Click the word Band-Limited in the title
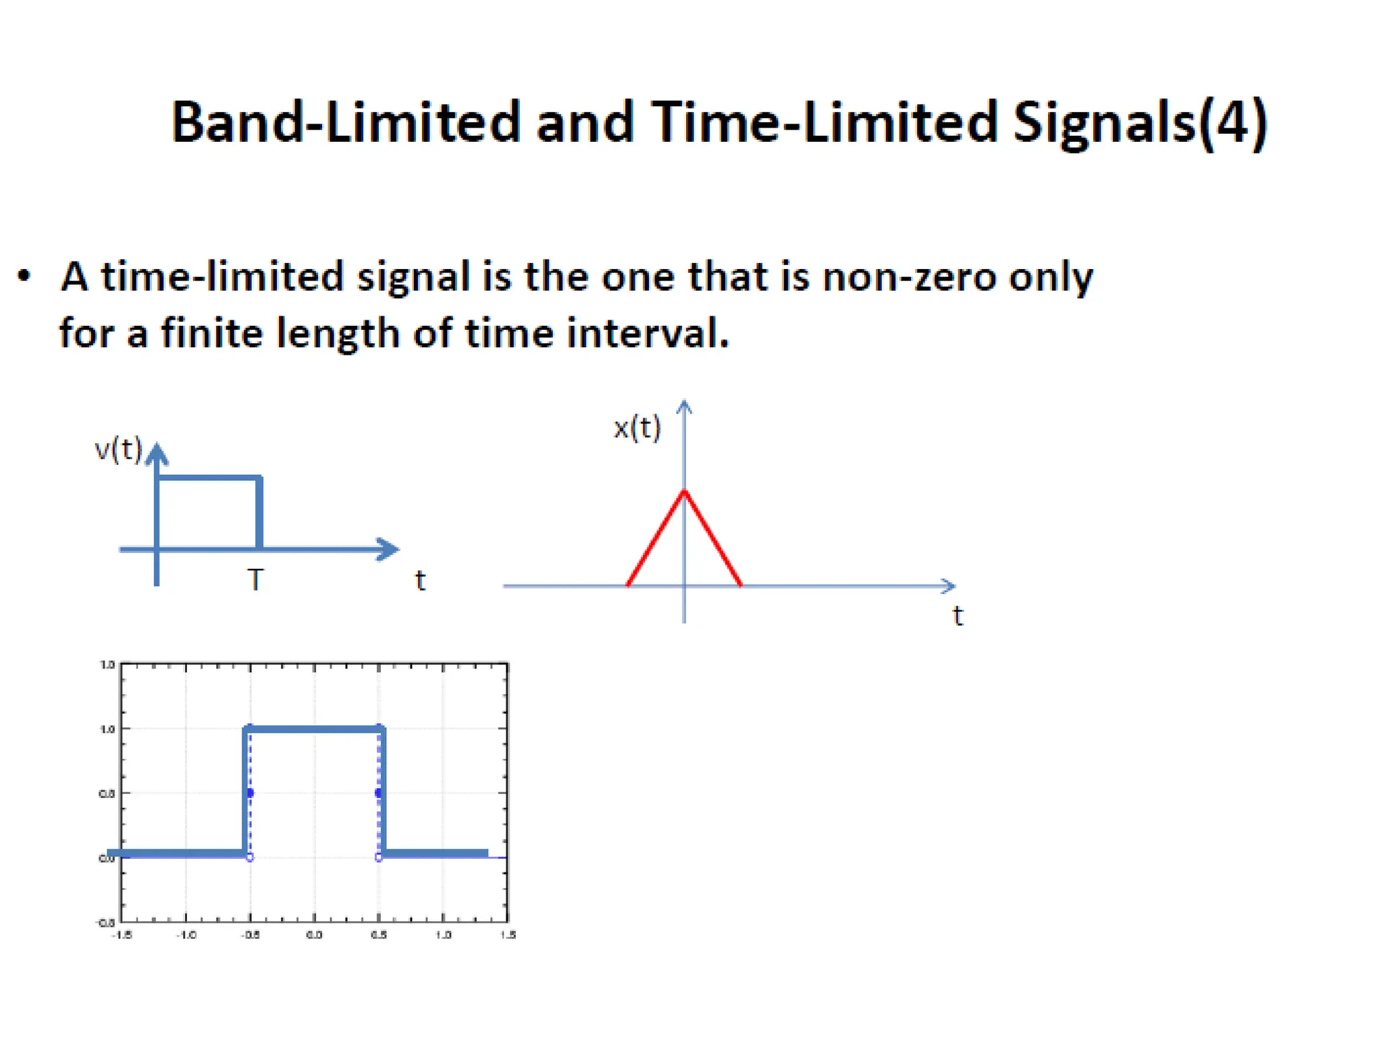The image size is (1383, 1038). (345, 122)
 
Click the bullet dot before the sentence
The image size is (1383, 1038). (24, 276)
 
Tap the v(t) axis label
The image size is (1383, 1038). (118, 449)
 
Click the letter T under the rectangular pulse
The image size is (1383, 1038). (255, 580)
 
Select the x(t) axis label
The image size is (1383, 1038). (637, 427)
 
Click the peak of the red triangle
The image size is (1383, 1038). (684, 491)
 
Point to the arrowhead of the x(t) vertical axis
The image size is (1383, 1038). (684, 405)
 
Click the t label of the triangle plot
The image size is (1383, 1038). (958, 616)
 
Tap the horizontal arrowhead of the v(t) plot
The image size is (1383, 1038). (388, 549)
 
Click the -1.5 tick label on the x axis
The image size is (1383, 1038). (121, 935)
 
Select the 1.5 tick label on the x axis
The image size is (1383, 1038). (508, 935)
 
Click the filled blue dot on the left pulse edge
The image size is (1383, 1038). (250, 793)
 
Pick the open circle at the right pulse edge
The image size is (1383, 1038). (379, 858)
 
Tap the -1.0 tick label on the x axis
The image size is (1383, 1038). (186, 935)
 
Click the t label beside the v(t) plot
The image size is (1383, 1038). (420, 580)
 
